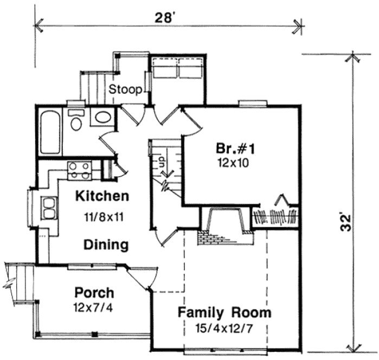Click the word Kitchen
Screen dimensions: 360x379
pyautogui.click(x=102, y=195)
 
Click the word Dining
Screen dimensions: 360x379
pyautogui.click(x=106, y=245)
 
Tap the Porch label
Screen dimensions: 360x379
pyautogui.click(x=94, y=293)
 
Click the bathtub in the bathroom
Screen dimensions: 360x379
pyautogui.click(x=50, y=132)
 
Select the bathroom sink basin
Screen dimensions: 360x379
pyautogui.click(x=102, y=117)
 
